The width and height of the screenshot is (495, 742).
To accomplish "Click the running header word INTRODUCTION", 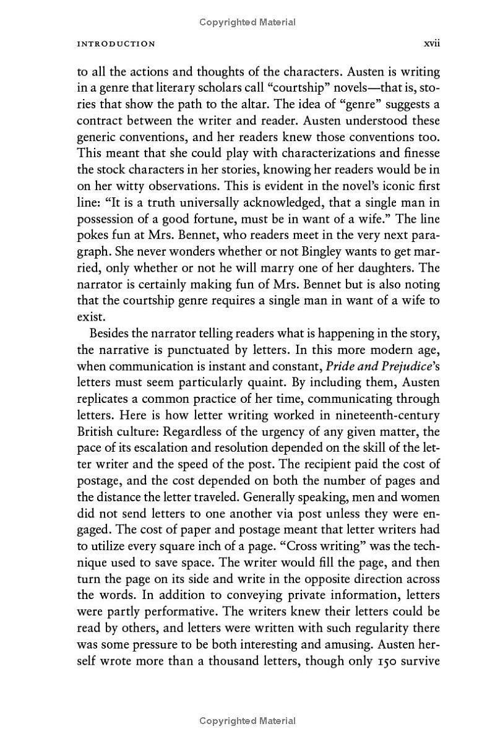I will coord(116,44).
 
